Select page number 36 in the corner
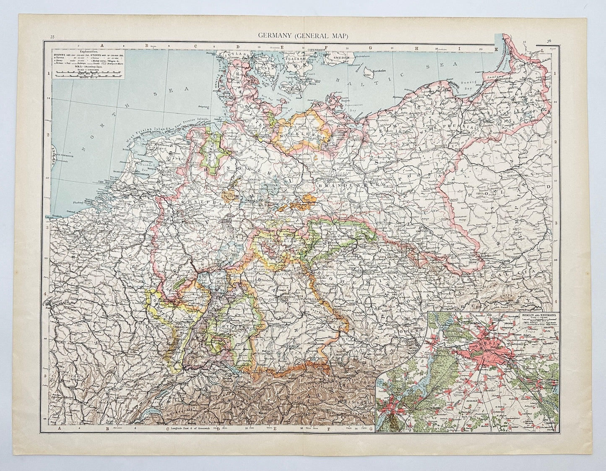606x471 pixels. click(549, 41)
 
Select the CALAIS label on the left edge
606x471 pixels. click(50, 217)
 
